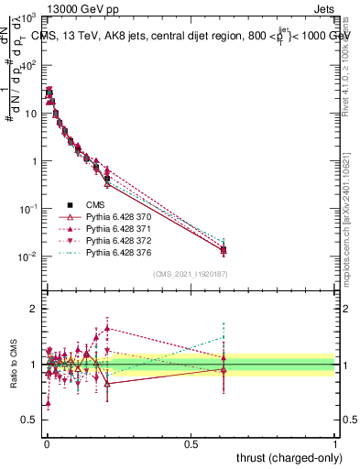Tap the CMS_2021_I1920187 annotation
click(190, 274)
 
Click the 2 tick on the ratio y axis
click(35, 309)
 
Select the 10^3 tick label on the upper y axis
click(27, 18)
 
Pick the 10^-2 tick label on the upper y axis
click(27, 256)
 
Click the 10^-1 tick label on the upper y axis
click(27, 209)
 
